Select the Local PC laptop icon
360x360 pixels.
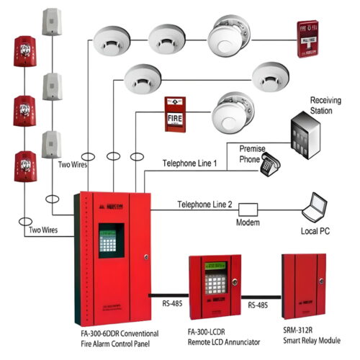click(x=318, y=208)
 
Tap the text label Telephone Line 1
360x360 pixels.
click(x=190, y=163)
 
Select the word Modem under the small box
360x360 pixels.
click(x=248, y=223)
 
